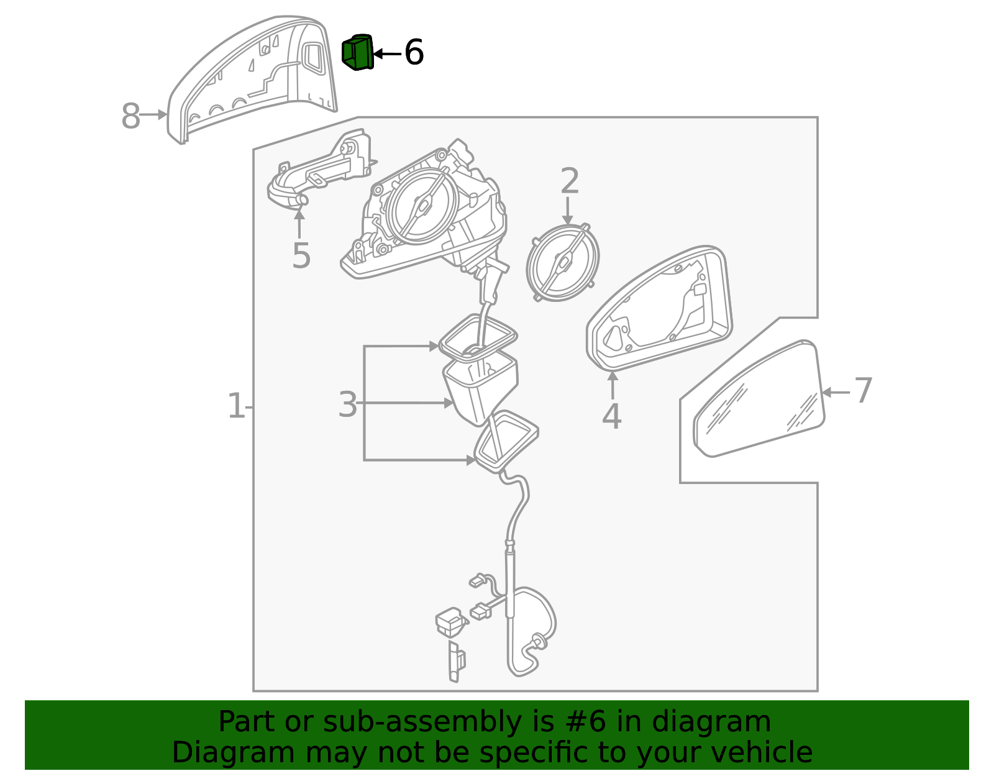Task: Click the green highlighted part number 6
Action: click(358, 52)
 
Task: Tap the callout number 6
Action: click(414, 52)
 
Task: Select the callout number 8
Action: click(130, 116)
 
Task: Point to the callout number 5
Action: click(301, 255)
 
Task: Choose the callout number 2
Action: click(569, 181)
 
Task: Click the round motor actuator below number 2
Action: click(562, 263)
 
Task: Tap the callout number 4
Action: click(611, 416)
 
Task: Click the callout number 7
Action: click(863, 391)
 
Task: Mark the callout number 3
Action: click(347, 404)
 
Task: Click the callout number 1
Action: click(235, 406)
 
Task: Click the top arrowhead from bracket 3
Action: click(434, 346)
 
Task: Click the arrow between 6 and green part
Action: click(386, 54)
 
